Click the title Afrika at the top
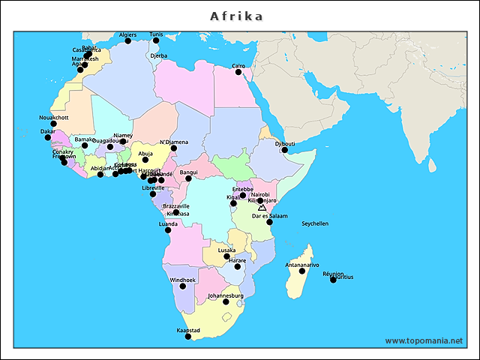click(x=236, y=16)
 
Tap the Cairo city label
click(x=239, y=66)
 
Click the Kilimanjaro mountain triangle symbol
click(x=262, y=207)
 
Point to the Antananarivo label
click(x=302, y=265)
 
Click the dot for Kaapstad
click(x=188, y=337)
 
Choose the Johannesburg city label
click(x=226, y=295)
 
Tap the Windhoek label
click(x=182, y=280)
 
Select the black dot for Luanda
click(x=168, y=230)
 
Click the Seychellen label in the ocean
click(x=315, y=223)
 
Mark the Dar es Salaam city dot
click(x=269, y=222)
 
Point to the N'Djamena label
click(x=174, y=142)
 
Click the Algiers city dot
click(x=127, y=41)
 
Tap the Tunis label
click(x=156, y=34)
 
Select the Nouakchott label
click(x=53, y=118)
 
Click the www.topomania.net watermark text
click(x=424, y=340)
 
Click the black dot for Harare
click(x=237, y=267)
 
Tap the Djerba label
click(x=159, y=55)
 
